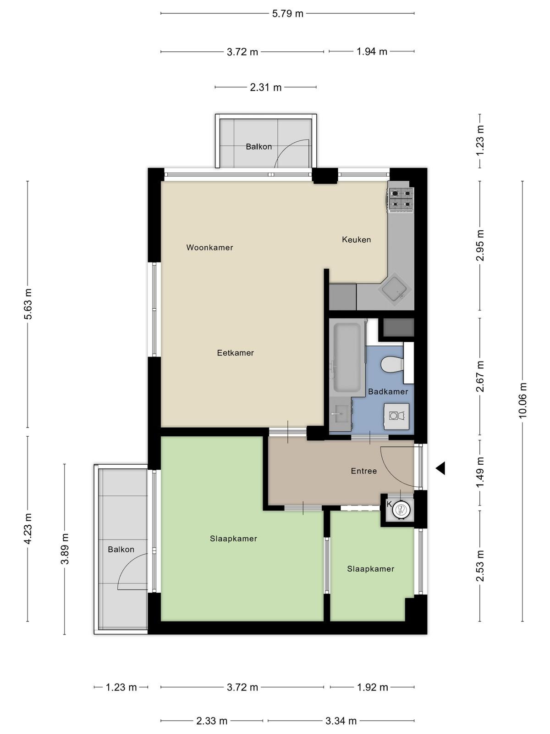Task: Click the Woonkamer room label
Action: point(209,247)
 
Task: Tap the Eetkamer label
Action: point(235,353)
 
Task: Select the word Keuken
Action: point(356,239)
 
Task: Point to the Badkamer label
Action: point(388,392)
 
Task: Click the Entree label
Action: point(363,471)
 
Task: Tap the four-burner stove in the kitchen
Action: point(401,199)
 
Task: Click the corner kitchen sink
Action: point(394,292)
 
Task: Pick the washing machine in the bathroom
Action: point(396,416)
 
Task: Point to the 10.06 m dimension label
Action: point(522,400)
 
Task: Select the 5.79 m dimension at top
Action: point(287,14)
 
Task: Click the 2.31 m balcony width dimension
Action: point(266,88)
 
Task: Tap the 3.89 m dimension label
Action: point(65,549)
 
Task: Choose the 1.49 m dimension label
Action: point(480,472)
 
